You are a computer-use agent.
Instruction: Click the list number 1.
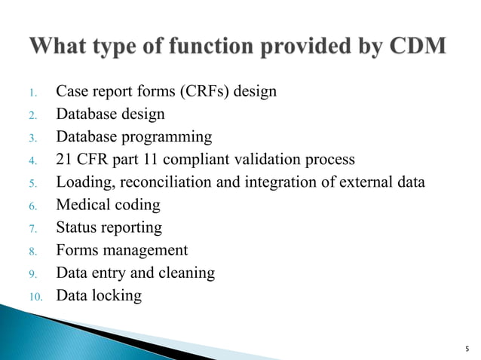(33, 93)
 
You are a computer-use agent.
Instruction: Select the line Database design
(110, 114)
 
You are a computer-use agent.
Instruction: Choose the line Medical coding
(108, 205)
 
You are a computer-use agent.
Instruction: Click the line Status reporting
(109, 227)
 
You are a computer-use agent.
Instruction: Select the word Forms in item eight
(76, 250)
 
